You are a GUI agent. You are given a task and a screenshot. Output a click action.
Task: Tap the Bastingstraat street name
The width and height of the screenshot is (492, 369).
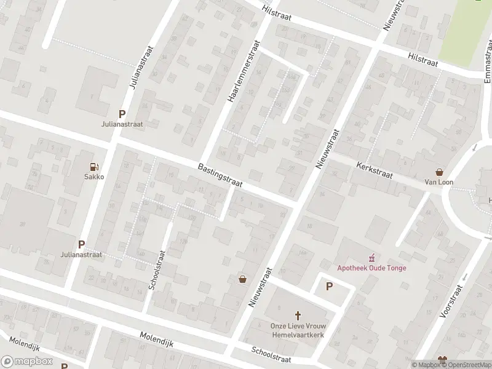(220, 176)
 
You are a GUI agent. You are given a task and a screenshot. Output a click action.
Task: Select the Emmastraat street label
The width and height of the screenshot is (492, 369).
(487, 60)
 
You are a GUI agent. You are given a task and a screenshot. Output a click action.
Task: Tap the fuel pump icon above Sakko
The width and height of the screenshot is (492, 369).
(94, 166)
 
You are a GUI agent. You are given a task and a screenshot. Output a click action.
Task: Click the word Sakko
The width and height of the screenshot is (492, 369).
(94, 177)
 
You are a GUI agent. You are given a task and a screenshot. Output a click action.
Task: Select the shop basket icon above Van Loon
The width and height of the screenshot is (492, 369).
(439, 172)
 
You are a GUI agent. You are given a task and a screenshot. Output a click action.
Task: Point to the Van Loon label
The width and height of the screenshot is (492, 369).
(439, 183)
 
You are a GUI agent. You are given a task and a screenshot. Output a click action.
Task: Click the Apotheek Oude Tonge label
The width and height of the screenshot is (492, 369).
(371, 268)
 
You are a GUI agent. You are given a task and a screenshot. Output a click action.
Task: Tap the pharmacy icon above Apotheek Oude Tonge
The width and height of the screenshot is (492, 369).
(371, 257)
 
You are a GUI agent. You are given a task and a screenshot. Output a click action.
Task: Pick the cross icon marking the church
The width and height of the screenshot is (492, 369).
(298, 314)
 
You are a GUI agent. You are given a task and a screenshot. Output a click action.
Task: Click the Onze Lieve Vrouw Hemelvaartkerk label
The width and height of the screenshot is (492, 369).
(298, 330)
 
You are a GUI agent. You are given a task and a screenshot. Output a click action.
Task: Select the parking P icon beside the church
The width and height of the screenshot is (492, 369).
(329, 286)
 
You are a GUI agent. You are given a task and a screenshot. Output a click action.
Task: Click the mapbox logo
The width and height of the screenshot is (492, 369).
(27, 362)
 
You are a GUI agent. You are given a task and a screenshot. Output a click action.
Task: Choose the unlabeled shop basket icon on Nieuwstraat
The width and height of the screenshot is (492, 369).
(243, 279)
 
